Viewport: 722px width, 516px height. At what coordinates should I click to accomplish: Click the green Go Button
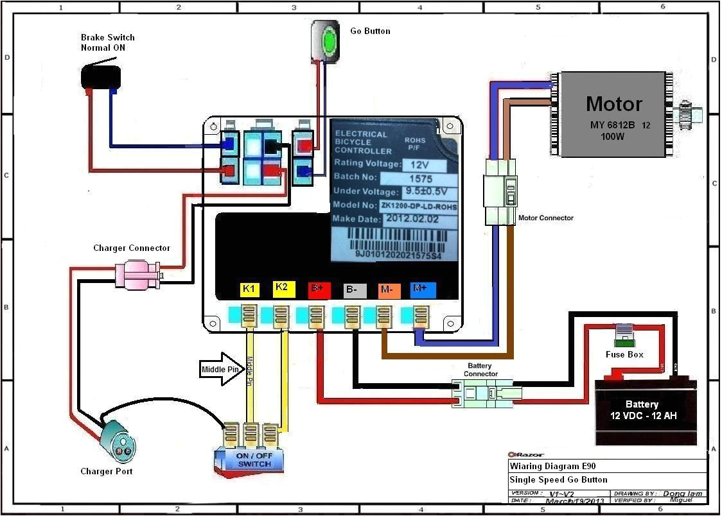(330, 40)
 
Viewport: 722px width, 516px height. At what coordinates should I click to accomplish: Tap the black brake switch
(101, 76)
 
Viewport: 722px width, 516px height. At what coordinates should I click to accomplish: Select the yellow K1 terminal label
(249, 289)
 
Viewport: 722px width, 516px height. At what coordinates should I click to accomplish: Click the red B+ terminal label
(319, 290)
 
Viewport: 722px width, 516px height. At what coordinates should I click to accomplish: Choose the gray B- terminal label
(354, 290)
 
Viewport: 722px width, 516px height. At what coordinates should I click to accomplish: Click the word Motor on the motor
(613, 104)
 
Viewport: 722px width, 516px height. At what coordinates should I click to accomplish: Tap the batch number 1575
(421, 178)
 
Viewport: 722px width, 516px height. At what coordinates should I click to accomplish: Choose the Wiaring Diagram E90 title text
(548, 467)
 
